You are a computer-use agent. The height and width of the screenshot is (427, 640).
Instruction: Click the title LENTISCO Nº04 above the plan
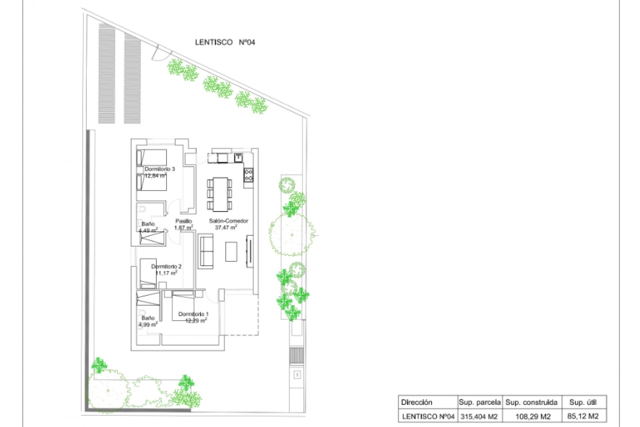[x=225, y=42]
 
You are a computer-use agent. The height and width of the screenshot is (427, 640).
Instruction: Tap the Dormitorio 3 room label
[x=160, y=169]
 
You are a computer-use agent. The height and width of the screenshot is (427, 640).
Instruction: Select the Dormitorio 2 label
[x=166, y=267]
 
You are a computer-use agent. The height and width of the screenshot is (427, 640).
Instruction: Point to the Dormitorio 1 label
[x=193, y=314]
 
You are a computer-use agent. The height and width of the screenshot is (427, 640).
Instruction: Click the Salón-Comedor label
[x=229, y=221]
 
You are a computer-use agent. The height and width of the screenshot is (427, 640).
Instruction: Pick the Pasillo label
[x=184, y=221]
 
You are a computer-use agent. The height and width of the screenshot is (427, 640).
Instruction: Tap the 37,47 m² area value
[x=226, y=228]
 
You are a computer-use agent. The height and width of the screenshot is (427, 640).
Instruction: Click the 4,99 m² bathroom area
[x=148, y=325]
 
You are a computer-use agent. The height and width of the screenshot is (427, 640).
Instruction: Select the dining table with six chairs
[x=220, y=194]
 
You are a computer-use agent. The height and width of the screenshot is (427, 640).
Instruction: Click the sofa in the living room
[x=206, y=251]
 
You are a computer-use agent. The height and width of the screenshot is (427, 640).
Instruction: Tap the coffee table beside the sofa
[x=231, y=252]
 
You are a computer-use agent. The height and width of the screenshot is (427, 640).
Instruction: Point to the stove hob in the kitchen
[x=249, y=175]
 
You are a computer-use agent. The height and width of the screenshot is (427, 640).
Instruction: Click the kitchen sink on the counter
[x=238, y=157]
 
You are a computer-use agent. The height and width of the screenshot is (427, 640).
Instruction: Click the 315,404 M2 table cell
[x=479, y=417]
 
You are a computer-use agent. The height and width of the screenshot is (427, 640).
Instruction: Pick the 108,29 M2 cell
[x=532, y=417]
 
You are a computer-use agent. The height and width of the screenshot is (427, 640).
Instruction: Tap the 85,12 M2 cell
[x=583, y=416]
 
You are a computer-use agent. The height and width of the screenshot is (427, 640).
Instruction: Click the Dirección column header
[x=417, y=402]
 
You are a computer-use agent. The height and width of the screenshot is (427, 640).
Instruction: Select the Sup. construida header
[x=531, y=402]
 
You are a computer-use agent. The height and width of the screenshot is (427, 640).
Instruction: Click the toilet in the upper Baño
[x=142, y=209]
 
